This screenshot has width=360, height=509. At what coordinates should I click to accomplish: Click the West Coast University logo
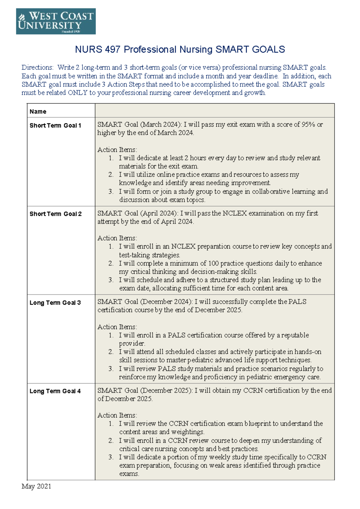[56, 21]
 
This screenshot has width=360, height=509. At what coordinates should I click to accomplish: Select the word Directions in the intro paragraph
[37, 68]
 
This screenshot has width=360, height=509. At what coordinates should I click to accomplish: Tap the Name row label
[38, 112]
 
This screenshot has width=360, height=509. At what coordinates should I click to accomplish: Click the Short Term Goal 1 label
[55, 126]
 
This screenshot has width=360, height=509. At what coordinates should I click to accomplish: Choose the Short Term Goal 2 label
[55, 214]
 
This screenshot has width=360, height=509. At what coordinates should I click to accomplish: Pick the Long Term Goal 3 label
[55, 303]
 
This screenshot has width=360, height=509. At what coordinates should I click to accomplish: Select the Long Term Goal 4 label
[55, 391]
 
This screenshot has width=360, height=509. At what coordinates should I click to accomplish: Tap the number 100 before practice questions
[213, 264]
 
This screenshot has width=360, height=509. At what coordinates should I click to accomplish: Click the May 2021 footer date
[36, 486]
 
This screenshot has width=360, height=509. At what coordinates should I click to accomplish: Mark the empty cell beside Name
[214, 110]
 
